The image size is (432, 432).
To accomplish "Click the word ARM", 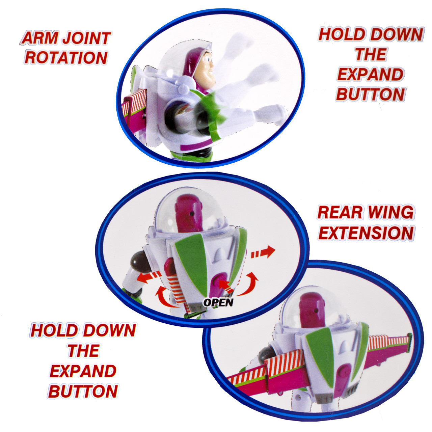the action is (39, 38).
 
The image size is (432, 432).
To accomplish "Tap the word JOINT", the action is (86, 38).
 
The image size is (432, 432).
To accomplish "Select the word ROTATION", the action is (66, 57).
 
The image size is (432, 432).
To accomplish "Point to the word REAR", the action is (339, 212).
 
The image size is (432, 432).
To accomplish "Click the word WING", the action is (391, 212).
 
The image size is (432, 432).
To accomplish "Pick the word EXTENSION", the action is (366, 233).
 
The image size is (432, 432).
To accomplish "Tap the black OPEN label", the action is (218, 303).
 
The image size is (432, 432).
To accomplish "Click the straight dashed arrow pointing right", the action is (263, 253).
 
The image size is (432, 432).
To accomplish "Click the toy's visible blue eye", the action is (209, 60).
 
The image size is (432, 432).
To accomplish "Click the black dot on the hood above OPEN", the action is (192, 214).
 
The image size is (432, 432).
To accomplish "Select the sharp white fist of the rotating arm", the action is (272, 114).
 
